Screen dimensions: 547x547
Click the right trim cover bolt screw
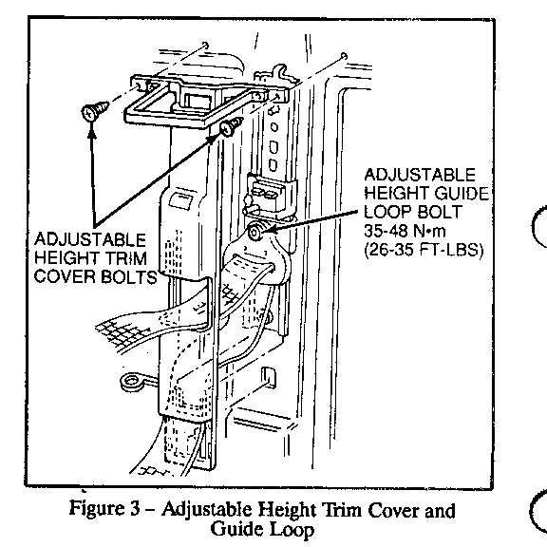click(x=231, y=127)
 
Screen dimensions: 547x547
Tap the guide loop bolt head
click(x=255, y=233)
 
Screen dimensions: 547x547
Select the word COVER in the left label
click(x=65, y=277)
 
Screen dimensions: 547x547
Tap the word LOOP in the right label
click(x=387, y=212)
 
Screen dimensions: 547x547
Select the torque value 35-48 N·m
click(x=405, y=231)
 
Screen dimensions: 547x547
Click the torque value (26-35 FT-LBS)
click(x=424, y=250)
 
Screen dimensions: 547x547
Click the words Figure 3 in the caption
click(x=104, y=508)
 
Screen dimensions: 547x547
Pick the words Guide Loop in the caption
click(x=262, y=529)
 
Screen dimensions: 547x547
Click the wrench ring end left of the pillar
click(x=131, y=382)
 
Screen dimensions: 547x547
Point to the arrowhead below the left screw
click(x=92, y=129)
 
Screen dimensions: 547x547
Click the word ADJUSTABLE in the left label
click(x=90, y=239)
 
